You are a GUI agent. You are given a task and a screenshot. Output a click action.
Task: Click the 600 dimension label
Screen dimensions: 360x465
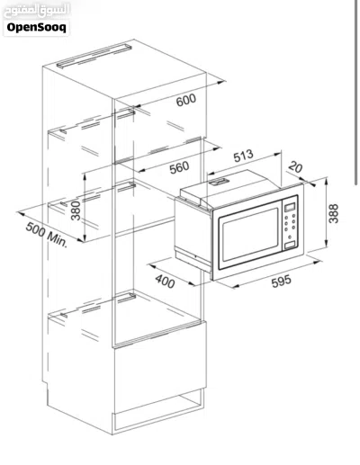(186, 100)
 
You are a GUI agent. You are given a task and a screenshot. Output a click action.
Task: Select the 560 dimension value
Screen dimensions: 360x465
(179, 167)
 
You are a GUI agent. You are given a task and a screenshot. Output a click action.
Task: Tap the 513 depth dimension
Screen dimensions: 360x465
(243, 156)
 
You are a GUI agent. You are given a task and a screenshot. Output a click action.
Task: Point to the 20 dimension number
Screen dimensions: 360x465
(295, 167)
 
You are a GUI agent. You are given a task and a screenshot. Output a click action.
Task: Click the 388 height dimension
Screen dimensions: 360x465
(333, 213)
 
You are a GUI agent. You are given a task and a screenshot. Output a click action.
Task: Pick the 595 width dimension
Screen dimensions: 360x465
(281, 282)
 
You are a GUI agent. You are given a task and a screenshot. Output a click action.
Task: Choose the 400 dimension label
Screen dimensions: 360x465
(165, 282)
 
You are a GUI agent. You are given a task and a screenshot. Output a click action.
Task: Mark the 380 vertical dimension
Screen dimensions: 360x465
(76, 210)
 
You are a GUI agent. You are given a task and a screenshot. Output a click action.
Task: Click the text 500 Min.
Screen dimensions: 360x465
(47, 235)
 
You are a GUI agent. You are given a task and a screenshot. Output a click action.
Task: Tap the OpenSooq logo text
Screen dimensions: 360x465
(36, 27)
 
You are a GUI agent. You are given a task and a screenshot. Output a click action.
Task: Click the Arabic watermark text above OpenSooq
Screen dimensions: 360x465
(36, 10)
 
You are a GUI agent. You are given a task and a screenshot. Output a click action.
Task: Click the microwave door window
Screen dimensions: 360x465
(250, 235)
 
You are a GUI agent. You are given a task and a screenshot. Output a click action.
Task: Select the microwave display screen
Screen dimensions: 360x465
(290, 207)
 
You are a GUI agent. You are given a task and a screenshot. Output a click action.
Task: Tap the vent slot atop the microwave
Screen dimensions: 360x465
(218, 182)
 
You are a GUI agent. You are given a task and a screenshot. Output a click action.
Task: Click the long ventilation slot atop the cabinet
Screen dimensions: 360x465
(94, 56)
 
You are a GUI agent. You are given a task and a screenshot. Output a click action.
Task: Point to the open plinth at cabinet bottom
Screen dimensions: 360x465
(159, 411)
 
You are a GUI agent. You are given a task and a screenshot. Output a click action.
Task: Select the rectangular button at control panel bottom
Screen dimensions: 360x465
(290, 245)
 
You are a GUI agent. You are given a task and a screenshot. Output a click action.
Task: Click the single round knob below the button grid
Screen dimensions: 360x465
(290, 237)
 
